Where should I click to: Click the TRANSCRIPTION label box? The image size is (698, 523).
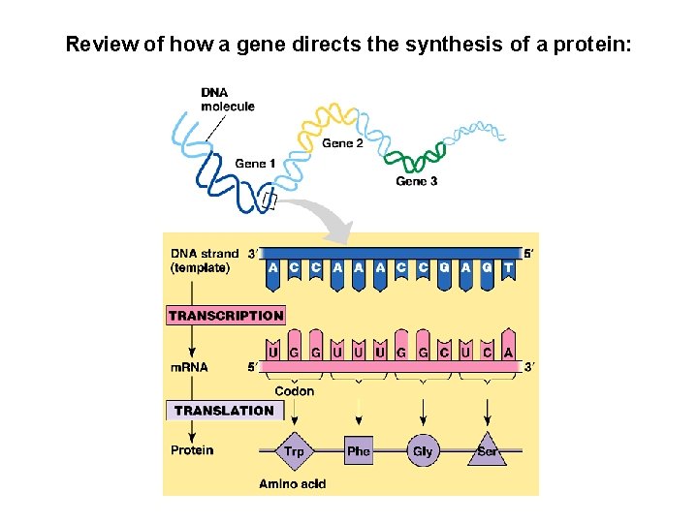226,315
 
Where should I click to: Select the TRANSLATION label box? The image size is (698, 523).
224,410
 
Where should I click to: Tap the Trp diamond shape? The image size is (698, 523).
295,450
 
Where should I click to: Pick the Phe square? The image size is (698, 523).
359,450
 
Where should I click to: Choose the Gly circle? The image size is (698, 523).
423,450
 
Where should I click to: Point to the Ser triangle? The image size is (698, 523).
487,451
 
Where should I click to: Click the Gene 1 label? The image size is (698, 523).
255,164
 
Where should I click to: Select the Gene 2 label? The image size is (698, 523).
343,143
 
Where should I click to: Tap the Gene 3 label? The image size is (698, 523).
417,181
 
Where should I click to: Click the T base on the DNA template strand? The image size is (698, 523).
508,268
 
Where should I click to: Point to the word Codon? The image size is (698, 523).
295,391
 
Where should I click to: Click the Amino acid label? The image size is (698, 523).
292,483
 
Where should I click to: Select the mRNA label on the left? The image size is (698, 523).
189,367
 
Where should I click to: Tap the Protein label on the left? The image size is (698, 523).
192,449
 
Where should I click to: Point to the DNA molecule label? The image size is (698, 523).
228,100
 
